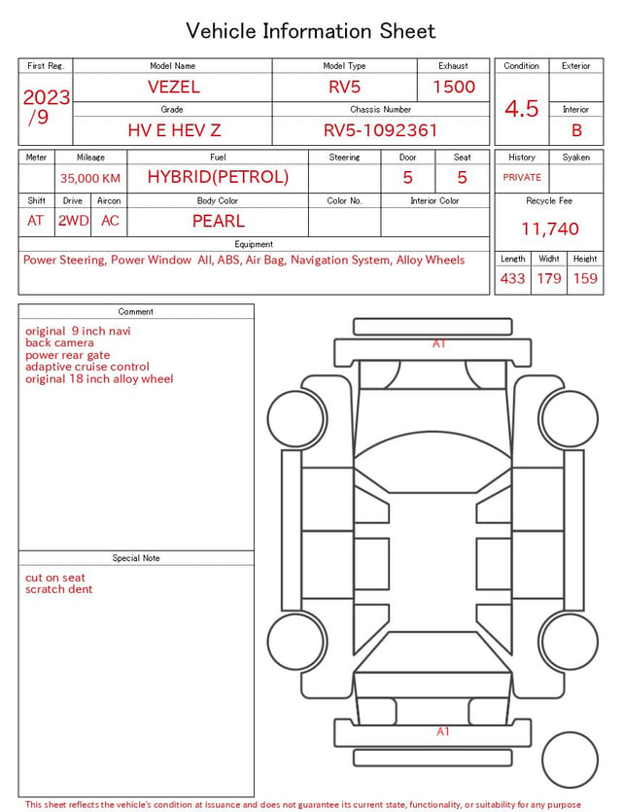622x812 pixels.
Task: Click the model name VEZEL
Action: pos(173,87)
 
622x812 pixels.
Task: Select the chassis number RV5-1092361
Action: pos(380,130)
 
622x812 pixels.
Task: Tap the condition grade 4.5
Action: pos(522,109)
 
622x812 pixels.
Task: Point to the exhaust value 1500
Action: pos(454,87)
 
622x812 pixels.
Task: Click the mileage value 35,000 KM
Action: pos(90,178)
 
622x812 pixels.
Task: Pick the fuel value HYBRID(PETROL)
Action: pos(218,177)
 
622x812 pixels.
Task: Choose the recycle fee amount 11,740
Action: pos(549,229)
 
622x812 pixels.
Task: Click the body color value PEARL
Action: pos(219,221)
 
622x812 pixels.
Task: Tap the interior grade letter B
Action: pos(576,130)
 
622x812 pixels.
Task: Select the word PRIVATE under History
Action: pos(522,177)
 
